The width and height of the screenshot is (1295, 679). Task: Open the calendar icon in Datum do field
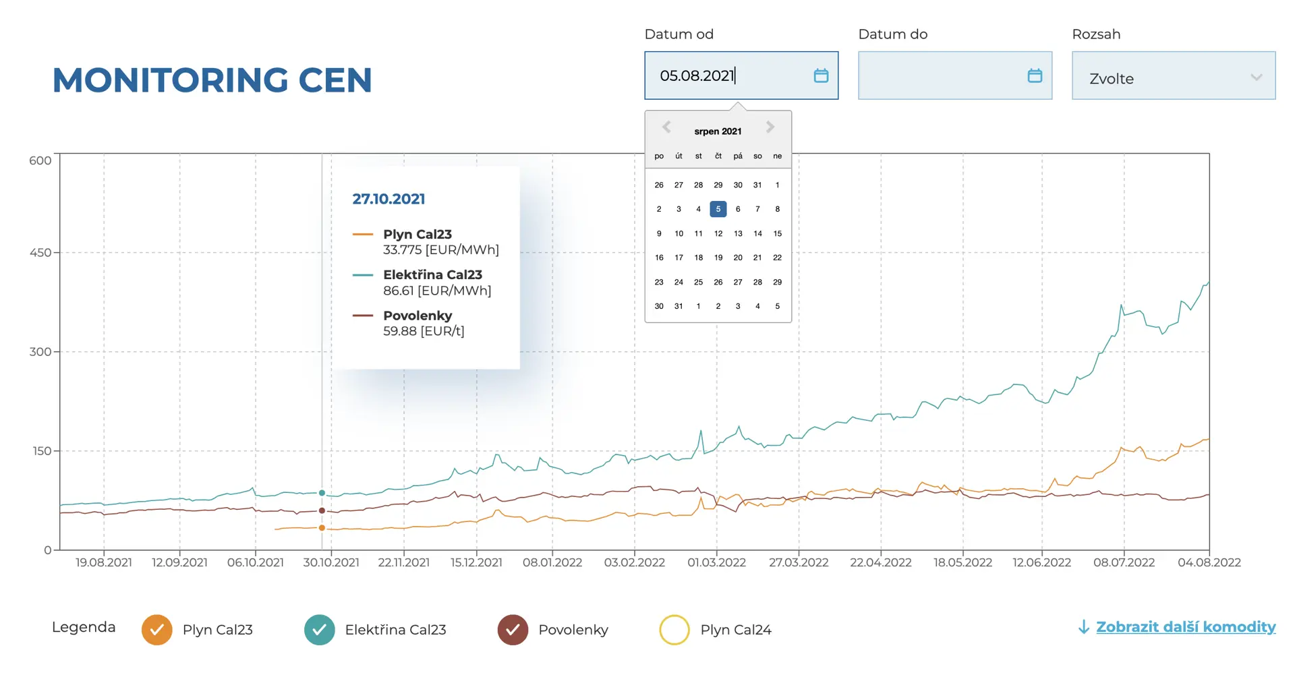(x=1035, y=76)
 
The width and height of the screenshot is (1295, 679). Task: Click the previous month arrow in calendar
(x=666, y=127)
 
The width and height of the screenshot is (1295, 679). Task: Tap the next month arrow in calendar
(x=770, y=127)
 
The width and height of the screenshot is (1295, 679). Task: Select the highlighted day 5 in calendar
(x=718, y=209)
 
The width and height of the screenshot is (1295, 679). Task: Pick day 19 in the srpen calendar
(x=718, y=258)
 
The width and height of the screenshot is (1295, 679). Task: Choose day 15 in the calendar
(x=777, y=233)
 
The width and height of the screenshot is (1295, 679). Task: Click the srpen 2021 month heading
(x=718, y=131)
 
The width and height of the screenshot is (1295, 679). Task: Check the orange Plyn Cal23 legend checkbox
(x=156, y=630)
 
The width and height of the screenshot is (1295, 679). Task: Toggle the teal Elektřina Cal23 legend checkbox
(x=319, y=630)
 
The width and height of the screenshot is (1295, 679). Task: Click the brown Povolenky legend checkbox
(x=513, y=630)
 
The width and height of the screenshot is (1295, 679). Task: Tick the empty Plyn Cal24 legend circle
(x=674, y=630)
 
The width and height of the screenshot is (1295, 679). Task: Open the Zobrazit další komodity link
(x=1185, y=627)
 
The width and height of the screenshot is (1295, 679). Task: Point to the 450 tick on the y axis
(x=40, y=253)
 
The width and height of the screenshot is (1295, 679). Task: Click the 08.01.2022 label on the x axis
(x=552, y=562)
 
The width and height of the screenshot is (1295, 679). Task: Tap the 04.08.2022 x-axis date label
(x=1209, y=562)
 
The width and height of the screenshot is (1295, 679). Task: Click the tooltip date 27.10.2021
(x=388, y=199)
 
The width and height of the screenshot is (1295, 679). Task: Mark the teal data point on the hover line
(x=322, y=493)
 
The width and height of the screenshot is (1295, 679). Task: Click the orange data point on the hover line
(x=322, y=528)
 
